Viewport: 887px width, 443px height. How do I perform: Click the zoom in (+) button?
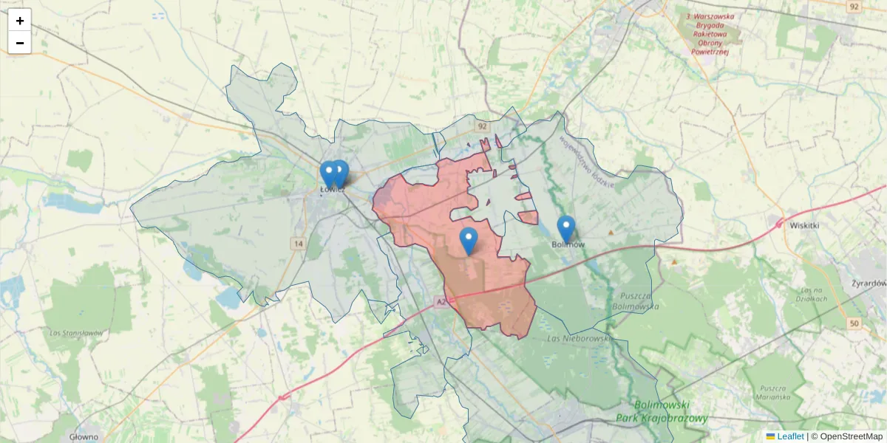(x=19, y=21)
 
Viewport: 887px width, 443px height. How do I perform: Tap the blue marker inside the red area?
(x=469, y=241)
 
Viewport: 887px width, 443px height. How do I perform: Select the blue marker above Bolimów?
(x=566, y=228)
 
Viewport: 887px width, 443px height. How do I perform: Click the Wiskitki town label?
(x=805, y=225)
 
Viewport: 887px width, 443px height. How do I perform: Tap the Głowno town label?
(x=84, y=436)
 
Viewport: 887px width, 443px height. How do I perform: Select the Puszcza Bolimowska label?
(x=631, y=301)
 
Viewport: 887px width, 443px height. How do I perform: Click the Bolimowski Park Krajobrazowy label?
(x=662, y=412)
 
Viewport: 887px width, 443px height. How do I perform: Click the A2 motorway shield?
(x=441, y=302)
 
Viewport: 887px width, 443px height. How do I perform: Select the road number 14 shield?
(x=298, y=243)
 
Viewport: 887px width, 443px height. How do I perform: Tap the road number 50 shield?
(x=854, y=324)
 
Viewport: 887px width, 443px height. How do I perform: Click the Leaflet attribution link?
(x=789, y=436)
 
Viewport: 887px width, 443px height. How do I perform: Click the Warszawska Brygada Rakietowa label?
(x=707, y=33)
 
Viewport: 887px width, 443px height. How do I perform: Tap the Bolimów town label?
(x=568, y=244)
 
